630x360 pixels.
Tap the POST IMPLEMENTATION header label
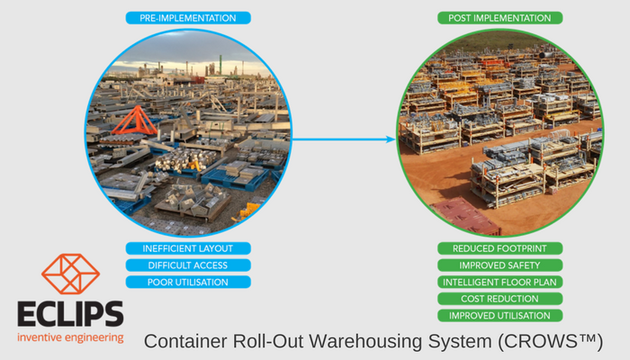point(499,18)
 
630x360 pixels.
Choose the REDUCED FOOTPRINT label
point(499,248)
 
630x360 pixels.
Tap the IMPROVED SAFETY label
point(499,265)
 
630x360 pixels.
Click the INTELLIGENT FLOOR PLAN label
point(499,283)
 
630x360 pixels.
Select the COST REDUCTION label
point(499,299)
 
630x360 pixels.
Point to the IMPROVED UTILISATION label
point(499,316)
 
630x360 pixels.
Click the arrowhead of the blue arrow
point(391,139)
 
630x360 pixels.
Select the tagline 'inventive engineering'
point(70,338)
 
